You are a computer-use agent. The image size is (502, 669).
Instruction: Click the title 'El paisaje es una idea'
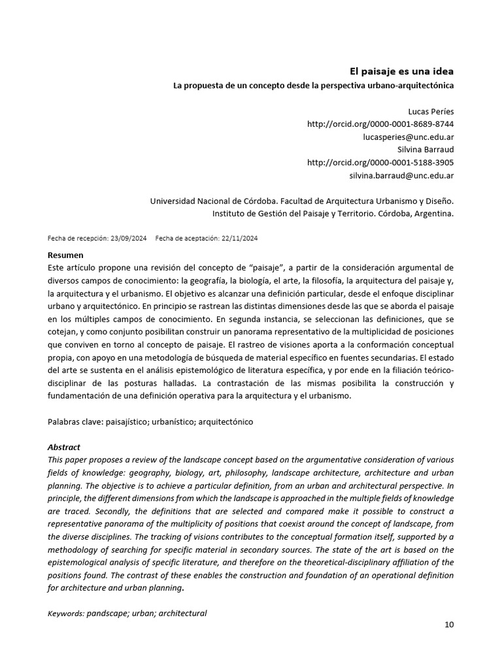point(400,71)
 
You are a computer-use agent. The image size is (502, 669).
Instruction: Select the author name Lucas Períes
point(431,111)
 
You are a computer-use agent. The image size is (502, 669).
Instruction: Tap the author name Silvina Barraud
point(425,150)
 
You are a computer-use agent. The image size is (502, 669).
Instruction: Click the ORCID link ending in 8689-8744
point(380,124)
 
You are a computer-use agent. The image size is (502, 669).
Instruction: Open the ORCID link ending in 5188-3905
point(380,163)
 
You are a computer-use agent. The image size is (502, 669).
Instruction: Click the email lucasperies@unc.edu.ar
point(409,137)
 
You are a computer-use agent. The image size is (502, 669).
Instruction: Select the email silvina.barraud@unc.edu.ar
point(402,176)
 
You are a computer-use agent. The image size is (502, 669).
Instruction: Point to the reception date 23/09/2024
point(130,238)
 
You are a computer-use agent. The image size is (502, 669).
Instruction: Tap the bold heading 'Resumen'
point(65,255)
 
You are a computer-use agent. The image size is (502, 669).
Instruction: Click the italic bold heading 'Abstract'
point(64,448)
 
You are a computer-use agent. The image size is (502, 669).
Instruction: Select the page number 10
point(449,624)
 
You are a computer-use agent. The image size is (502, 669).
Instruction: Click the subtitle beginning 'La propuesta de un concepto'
point(313,86)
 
